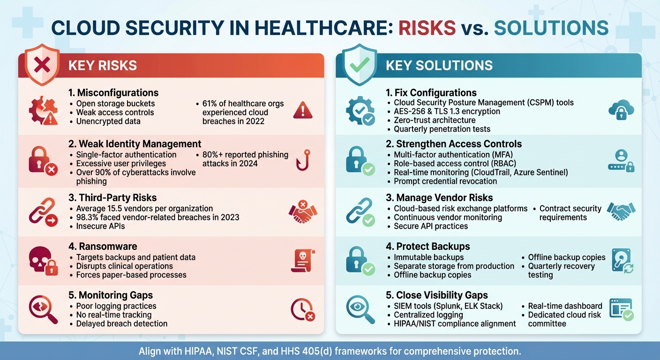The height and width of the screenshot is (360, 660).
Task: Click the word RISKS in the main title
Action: click(427, 28)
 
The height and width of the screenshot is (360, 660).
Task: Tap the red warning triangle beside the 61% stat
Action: click(302, 111)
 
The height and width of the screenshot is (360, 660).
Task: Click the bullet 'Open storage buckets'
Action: click(115, 103)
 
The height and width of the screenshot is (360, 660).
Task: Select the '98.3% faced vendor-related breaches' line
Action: click(157, 217)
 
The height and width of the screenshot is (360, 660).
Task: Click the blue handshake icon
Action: click(621, 211)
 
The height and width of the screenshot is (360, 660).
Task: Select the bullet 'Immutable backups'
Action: click(428, 257)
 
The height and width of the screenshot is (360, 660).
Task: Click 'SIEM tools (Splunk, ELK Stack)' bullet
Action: click(448, 306)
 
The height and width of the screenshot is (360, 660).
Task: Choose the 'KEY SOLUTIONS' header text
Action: click(439, 65)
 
